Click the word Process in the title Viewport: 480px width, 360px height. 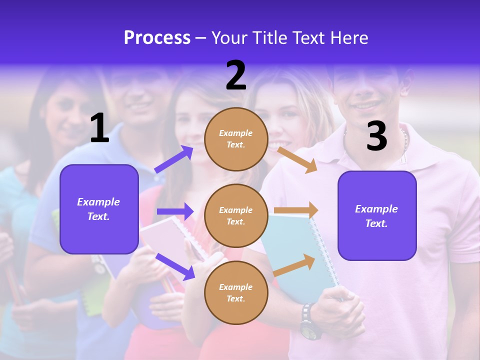point(157,38)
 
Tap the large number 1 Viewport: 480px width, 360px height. point(99,128)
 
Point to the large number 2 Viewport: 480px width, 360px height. point(236,75)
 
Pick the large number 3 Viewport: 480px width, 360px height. point(376,136)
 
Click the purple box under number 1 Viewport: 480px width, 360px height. point(99,209)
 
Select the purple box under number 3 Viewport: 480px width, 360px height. point(377,215)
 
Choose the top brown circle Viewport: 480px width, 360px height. point(236,139)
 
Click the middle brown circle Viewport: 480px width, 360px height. point(236,215)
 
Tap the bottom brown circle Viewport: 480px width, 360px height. point(236,292)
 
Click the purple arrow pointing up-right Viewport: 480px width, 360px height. point(174,159)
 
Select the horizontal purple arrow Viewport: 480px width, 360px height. point(175,211)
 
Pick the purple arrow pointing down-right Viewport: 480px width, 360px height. point(175,266)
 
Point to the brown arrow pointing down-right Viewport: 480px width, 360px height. point(298,159)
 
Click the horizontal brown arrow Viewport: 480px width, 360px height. point(296,210)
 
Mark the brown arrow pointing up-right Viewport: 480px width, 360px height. point(295,265)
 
